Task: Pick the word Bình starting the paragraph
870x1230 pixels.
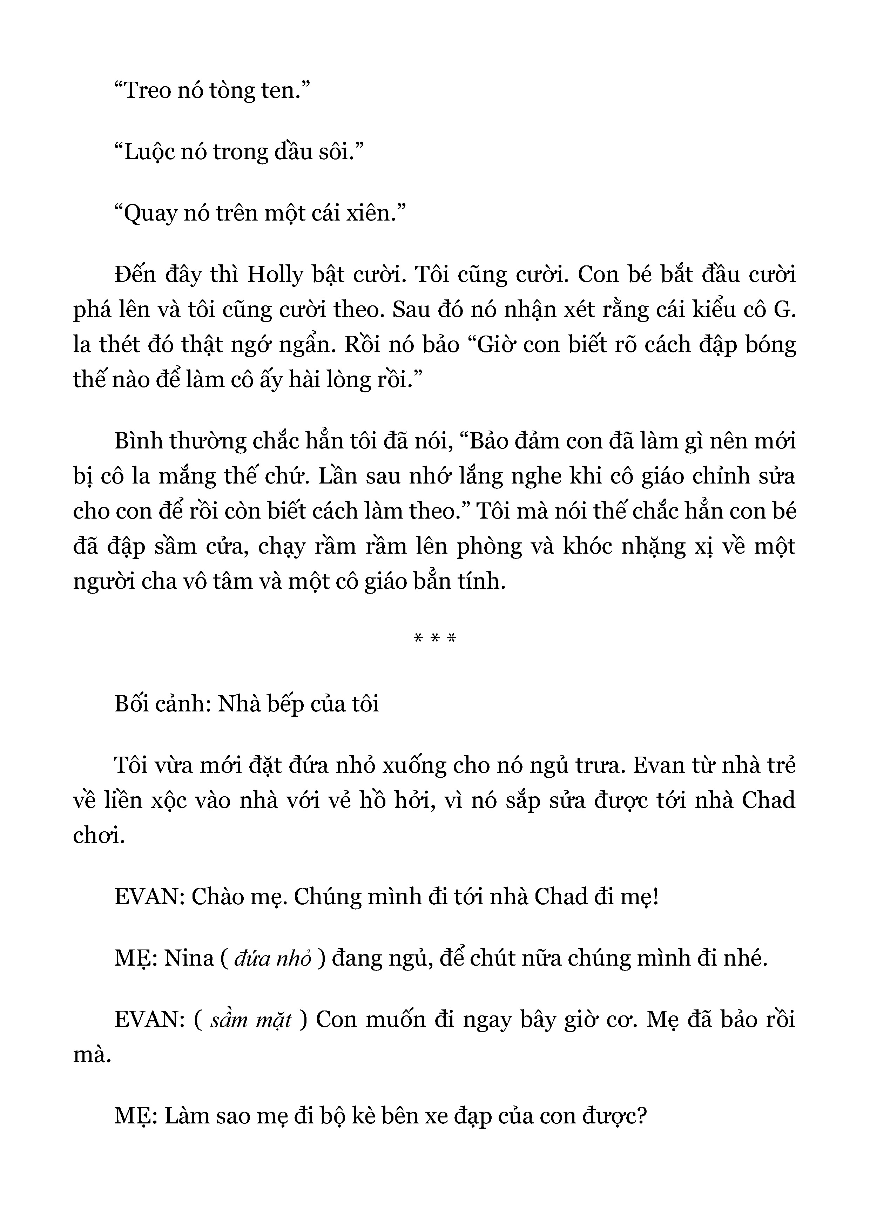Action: point(138,441)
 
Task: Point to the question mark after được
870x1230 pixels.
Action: point(642,1116)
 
